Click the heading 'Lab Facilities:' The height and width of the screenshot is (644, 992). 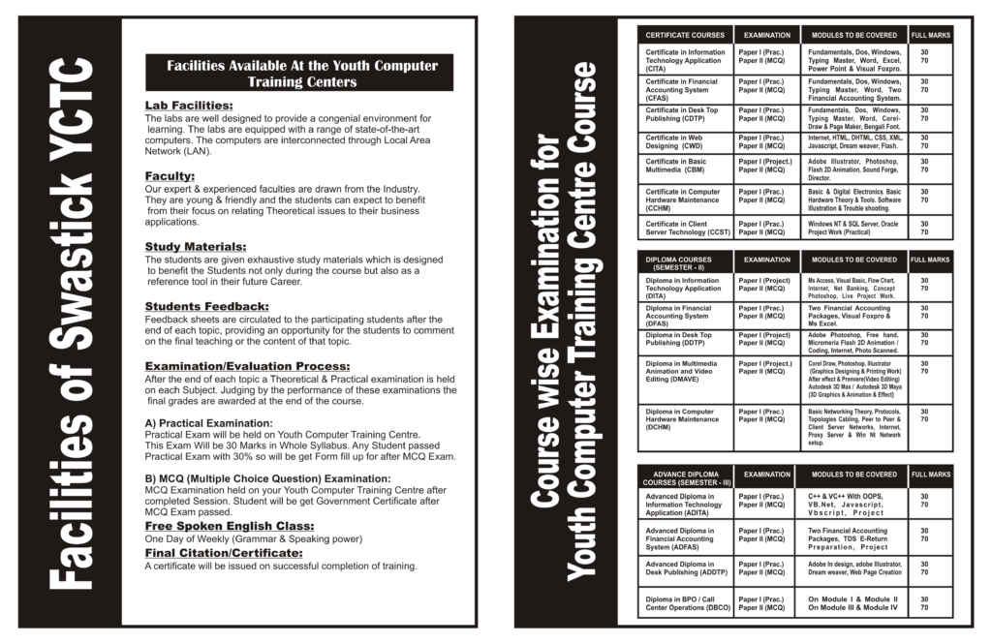point(188,105)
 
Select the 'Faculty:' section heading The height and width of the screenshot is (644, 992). point(170,175)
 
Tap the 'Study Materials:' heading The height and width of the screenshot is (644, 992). point(195,247)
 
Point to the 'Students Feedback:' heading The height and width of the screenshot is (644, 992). point(206,307)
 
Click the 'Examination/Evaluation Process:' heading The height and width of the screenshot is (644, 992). point(247,366)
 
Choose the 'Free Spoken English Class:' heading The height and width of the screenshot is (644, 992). point(222,526)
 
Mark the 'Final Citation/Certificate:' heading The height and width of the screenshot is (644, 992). point(223,553)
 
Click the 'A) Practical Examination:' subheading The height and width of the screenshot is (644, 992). point(208,423)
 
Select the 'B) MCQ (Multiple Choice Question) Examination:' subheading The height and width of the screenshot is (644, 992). point(267,478)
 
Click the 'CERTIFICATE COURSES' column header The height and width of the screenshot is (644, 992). point(685,36)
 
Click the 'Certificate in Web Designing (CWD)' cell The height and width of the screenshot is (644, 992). point(685,142)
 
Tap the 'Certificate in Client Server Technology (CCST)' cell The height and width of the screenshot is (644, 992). point(685,229)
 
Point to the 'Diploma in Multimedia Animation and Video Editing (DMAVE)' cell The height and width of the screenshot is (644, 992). point(685,373)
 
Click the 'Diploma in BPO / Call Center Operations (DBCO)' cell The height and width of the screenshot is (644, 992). point(685,603)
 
